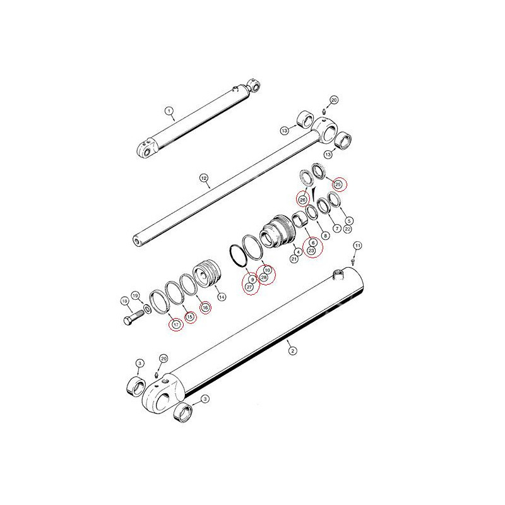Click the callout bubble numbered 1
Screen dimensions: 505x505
(169, 111)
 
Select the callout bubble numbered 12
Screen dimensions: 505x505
(204, 178)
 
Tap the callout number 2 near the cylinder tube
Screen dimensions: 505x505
(292, 350)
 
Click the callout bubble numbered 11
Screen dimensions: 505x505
(357, 246)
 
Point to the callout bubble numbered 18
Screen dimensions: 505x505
(124, 301)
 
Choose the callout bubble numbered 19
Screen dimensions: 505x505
(135, 295)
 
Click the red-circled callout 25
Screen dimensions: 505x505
(338, 184)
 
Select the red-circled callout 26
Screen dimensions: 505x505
(303, 199)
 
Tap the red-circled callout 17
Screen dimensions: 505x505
(176, 324)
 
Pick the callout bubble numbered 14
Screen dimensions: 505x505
(222, 297)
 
